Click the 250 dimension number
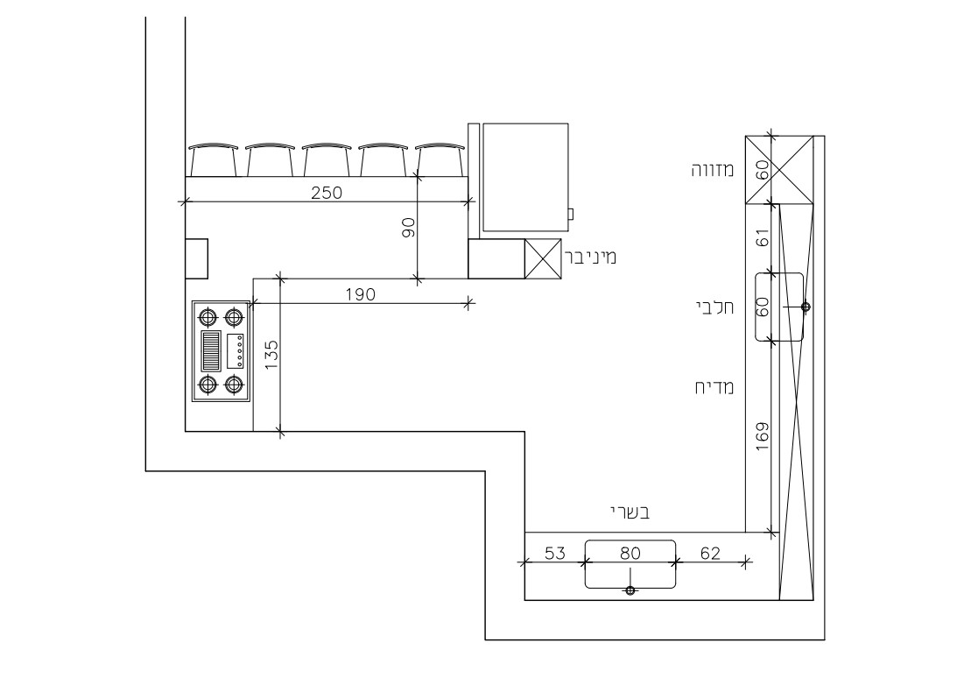point(327,193)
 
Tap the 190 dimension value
point(361,294)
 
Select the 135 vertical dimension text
point(271,355)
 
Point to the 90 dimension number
point(409,228)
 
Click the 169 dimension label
point(762,437)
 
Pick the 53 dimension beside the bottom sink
point(555,554)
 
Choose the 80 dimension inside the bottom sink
point(630,554)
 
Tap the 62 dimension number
point(710,554)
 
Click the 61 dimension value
point(762,238)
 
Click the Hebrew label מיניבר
point(590,257)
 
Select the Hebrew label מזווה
point(713,170)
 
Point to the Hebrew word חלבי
point(714,307)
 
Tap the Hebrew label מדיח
point(714,387)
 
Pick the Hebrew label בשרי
point(630,513)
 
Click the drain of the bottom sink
point(630,590)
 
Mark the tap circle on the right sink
point(806,307)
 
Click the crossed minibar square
point(543,259)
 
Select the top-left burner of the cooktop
point(208,318)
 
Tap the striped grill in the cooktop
point(211,351)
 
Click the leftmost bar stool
point(214,159)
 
